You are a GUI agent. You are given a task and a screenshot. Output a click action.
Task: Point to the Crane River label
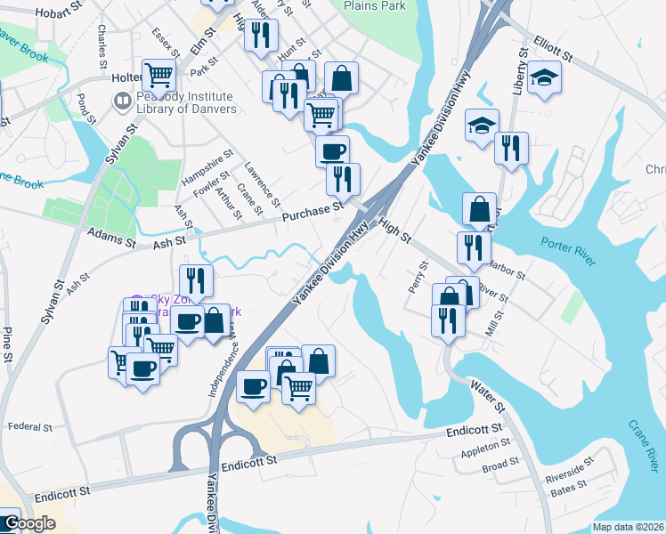point(642,447)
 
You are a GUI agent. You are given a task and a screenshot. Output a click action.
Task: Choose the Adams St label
point(110,239)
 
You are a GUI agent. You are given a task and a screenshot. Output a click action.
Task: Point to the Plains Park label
point(375,6)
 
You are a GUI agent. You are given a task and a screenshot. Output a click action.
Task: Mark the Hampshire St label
point(195,167)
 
